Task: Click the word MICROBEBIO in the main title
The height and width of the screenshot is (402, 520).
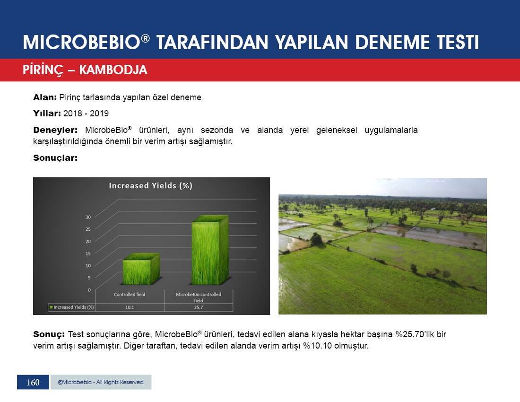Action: click(82, 43)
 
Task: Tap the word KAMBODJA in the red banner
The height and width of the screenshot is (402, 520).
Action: click(113, 70)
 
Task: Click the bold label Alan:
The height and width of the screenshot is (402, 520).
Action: click(45, 97)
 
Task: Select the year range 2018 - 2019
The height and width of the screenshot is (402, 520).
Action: click(86, 114)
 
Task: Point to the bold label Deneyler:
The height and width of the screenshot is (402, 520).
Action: click(55, 130)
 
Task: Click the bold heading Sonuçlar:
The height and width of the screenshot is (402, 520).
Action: click(55, 158)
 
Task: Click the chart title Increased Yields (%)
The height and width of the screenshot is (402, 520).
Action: click(150, 186)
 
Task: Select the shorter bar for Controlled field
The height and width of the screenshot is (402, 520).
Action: click(141, 269)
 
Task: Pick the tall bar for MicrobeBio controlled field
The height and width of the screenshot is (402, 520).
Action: click(210, 250)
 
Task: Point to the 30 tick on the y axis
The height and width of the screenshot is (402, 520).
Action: click(88, 217)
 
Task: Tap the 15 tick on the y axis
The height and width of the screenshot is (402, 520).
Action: click(88, 253)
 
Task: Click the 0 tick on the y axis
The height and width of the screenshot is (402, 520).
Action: click(89, 290)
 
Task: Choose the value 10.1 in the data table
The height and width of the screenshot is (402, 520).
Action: click(130, 307)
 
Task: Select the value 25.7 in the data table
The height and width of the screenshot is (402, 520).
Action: click(199, 307)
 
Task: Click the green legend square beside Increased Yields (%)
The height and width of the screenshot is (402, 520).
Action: click(51, 307)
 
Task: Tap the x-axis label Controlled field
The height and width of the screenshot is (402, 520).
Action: click(130, 295)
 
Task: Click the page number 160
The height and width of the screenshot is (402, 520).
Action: click(33, 383)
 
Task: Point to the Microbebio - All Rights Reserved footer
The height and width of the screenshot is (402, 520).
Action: click(101, 382)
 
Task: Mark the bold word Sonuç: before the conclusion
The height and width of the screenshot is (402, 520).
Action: click(49, 334)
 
